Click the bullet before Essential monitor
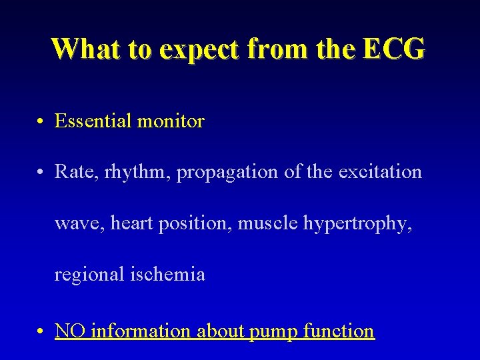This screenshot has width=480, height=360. (41, 121)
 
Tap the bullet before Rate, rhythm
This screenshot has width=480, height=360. (41, 173)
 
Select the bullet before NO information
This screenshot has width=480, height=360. (41, 331)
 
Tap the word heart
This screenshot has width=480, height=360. (133, 223)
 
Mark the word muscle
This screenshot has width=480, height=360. (269, 223)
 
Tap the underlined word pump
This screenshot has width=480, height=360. (273, 332)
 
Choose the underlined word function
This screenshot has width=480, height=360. (339, 331)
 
